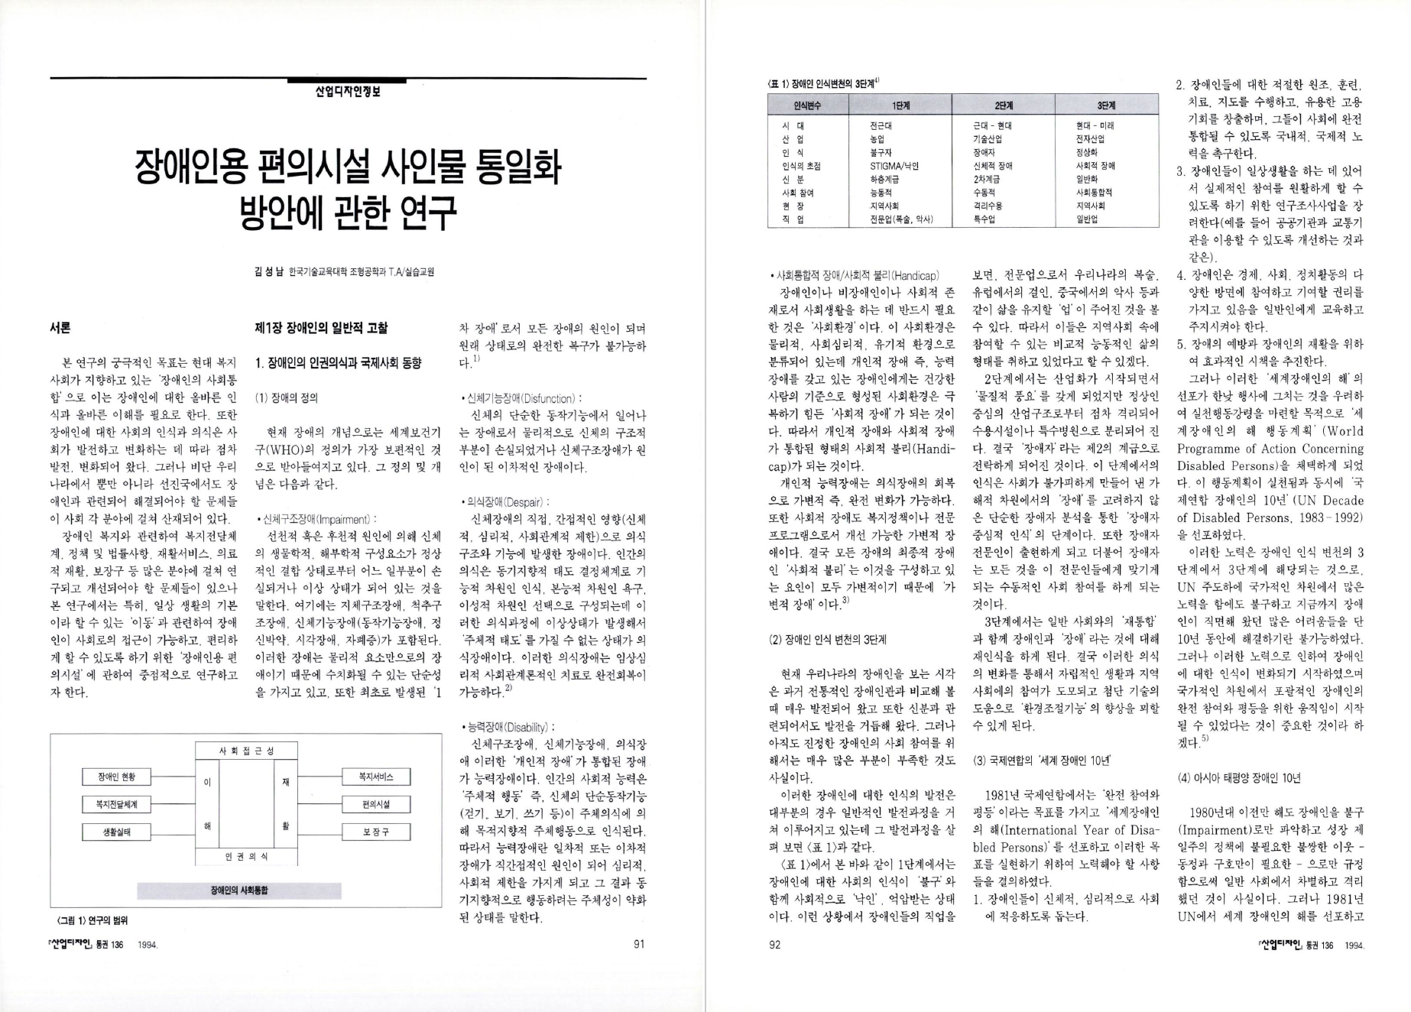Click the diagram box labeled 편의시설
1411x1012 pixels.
pyautogui.click(x=375, y=804)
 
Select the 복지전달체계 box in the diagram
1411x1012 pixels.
pyautogui.click(x=116, y=804)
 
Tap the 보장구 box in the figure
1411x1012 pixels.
pyautogui.click(x=375, y=832)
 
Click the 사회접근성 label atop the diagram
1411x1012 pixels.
pyautogui.click(x=246, y=751)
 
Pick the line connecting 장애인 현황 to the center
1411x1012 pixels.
pyautogui.click(x=173, y=777)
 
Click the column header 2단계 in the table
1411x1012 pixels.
pyautogui.click(x=1004, y=105)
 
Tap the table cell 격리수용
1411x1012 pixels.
pyautogui.click(x=988, y=206)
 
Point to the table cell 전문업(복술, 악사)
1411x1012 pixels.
pyautogui.click(x=902, y=219)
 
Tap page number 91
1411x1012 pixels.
pyautogui.click(x=640, y=944)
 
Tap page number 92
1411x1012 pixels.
pyautogui.click(x=774, y=945)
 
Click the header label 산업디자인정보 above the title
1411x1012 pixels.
pyautogui.click(x=348, y=90)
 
